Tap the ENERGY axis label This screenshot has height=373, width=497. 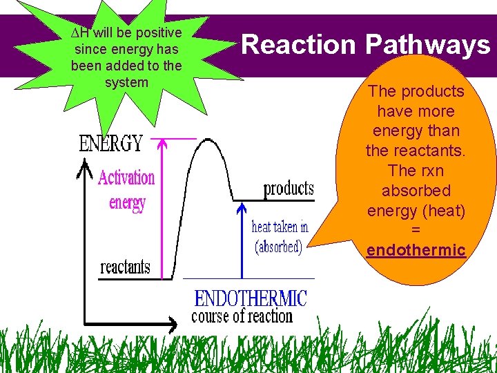pos(111,144)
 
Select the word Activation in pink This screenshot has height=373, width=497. pos(126,178)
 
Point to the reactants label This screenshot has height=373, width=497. pos(126,267)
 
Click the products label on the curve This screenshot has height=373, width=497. pos(288,189)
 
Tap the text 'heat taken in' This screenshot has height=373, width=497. pos(280,227)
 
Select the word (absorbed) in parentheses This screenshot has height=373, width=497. pos(279,247)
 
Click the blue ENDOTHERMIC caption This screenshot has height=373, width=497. pos(251,298)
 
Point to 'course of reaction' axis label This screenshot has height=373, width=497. pos(242,316)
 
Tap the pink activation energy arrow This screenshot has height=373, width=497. pos(163,207)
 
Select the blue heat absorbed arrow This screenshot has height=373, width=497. pos(242,238)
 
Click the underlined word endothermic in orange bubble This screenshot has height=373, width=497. pos(416,250)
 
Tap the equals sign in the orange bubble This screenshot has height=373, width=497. pos(416,230)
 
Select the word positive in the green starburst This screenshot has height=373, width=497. pos(157,33)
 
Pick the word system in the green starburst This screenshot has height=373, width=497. pos(126,82)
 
